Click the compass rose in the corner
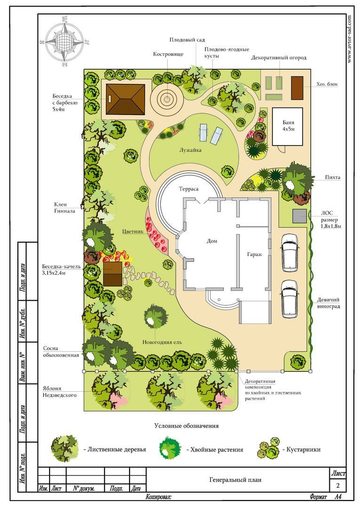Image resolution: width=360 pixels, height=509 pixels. [65, 42]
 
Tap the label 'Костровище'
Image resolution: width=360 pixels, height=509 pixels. [168, 54]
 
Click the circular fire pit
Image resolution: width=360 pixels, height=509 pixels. [167, 99]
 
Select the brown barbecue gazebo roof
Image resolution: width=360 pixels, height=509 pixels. [125, 99]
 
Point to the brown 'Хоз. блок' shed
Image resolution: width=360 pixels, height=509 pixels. [297, 88]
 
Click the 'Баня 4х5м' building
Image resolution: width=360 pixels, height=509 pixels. [288, 126]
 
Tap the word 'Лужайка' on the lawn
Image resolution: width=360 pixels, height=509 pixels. [191, 150]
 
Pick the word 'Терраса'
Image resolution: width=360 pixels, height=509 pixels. [188, 189]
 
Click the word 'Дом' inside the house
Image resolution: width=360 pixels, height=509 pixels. [212, 241]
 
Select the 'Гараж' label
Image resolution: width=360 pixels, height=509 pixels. [254, 254]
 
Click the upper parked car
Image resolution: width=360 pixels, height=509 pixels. [290, 253]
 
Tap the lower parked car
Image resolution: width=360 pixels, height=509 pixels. [290, 299]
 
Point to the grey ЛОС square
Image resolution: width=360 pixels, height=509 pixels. [299, 216]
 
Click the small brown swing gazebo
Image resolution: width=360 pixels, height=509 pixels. [113, 274]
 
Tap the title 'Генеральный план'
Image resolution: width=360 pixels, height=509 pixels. [235, 479]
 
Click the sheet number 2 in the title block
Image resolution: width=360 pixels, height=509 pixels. [338, 485]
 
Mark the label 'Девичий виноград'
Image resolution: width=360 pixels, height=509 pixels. [328, 303]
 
